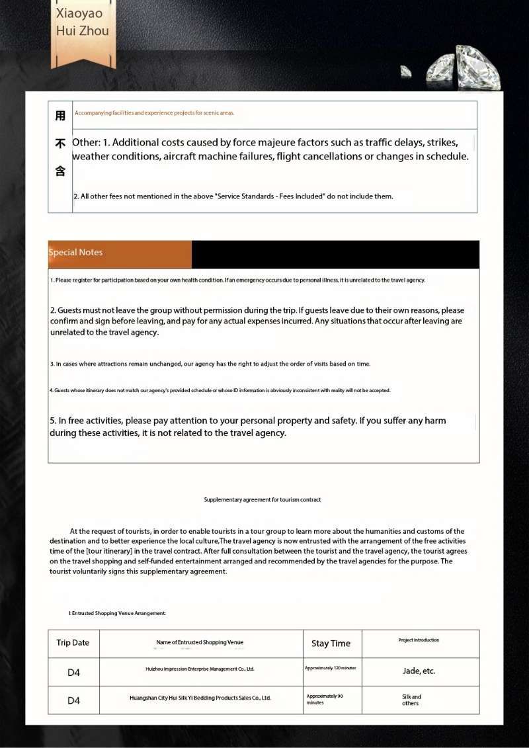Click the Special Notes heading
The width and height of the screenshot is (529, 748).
76,253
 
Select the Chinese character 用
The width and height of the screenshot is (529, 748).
60,116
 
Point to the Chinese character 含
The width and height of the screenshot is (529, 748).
60,171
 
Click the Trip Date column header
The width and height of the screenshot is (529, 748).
73,643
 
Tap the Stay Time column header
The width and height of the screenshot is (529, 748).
331,644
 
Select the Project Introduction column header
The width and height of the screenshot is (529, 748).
419,640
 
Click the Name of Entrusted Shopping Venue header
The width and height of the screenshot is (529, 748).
200,642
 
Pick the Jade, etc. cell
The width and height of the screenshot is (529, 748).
419,671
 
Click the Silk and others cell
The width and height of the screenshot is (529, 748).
411,700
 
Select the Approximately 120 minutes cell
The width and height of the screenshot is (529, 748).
331,668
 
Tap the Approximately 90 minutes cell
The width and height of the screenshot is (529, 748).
325,699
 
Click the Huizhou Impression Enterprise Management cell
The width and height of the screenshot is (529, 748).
200,669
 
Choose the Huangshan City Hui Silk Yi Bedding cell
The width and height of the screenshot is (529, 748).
200,698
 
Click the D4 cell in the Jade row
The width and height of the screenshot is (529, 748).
73,673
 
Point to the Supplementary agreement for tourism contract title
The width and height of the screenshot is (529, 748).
263,500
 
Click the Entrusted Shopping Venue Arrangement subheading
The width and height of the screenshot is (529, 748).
117,614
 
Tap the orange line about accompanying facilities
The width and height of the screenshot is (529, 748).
155,113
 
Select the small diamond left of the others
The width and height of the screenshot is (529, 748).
406,70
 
